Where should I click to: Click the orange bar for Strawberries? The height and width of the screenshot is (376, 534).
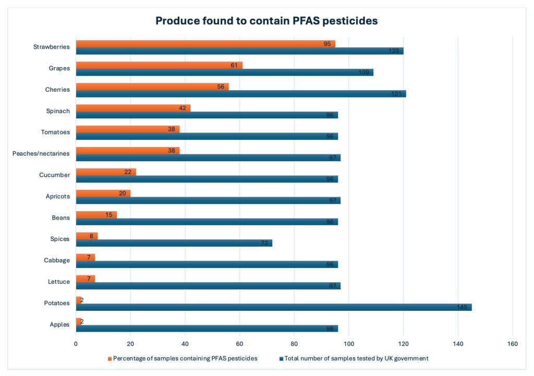[205, 44]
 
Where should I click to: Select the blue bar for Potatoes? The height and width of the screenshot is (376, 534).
[274, 307]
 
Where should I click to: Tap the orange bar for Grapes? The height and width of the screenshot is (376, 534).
[159, 65]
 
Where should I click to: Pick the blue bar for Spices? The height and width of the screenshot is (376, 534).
[174, 243]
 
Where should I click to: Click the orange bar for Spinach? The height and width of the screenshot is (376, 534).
[133, 108]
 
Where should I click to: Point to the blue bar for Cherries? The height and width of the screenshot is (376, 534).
[241, 94]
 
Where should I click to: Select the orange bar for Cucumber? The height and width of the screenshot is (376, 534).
[106, 172]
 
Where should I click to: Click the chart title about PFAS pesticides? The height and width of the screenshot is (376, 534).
[266, 21]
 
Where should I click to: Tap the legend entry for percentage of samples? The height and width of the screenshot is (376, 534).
[183, 358]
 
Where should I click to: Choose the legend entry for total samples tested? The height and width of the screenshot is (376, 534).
[354, 358]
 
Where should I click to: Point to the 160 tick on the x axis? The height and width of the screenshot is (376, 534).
[512, 344]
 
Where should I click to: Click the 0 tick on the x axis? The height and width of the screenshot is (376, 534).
[76, 344]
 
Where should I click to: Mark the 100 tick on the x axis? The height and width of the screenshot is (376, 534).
[348, 344]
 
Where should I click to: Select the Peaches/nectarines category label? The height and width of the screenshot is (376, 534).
[41, 153]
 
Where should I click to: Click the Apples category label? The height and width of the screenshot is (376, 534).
[59, 324]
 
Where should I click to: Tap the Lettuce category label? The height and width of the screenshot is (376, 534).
[59, 282]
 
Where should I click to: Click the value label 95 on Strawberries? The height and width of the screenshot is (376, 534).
[327, 44]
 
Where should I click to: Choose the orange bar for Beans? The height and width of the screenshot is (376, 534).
[96, 215]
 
